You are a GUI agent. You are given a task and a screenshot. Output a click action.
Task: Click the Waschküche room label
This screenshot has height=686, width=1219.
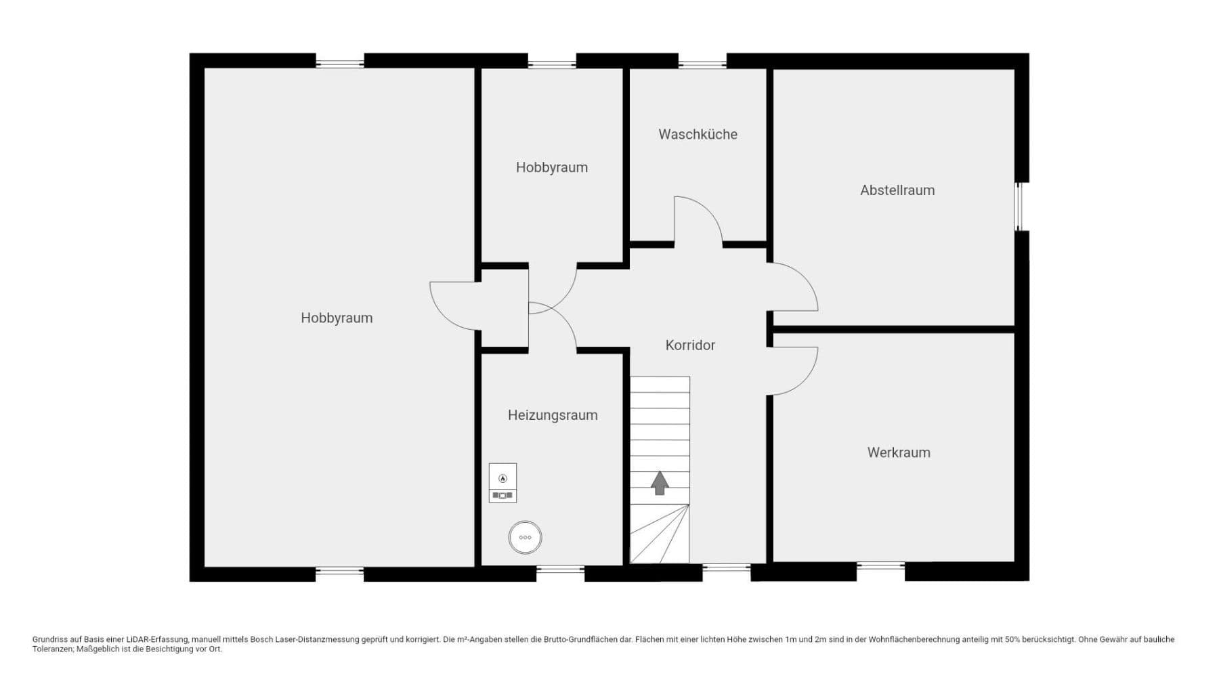click(698, 134)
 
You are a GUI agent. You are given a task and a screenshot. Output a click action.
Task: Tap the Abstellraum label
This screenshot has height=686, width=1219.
click(897, 190)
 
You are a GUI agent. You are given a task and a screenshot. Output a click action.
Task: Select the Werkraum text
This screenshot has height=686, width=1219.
click(899, 452)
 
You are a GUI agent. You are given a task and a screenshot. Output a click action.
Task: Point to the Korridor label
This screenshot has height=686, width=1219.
click(690, 345)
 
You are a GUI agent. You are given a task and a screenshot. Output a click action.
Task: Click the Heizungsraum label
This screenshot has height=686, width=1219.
click(553, 415)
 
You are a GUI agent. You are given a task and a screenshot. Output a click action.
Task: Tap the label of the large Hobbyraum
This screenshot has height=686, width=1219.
click(337, 318)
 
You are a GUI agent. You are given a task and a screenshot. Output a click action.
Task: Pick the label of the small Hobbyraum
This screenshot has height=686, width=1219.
click(551, 167)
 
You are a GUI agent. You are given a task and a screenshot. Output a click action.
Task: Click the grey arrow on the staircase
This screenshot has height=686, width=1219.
click(660, 484)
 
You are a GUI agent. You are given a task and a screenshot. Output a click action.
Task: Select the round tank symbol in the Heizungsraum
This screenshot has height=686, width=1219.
click(525, 538)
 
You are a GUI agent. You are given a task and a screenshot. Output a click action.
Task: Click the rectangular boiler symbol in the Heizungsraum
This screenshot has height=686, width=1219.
click(502, 483)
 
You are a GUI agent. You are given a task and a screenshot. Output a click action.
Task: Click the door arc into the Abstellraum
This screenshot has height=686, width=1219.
click(794, 288)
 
